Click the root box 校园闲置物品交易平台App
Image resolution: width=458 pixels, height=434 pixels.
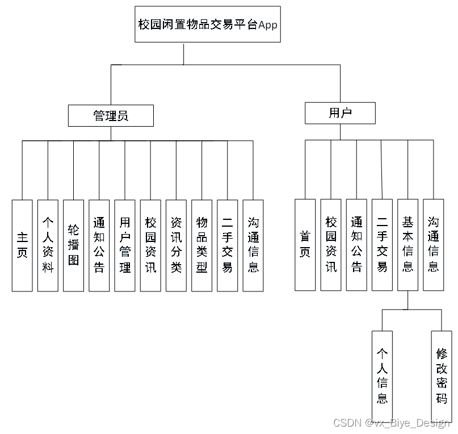point(208,24)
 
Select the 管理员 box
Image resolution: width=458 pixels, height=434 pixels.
point(111,116)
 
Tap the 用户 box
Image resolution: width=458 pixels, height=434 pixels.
point(340,113)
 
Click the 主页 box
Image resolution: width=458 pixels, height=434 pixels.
point(22,245)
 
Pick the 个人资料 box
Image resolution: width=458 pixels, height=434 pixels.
point(48,245)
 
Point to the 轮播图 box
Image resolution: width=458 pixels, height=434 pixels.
point(74,245)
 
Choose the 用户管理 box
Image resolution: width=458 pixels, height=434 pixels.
point(125,245)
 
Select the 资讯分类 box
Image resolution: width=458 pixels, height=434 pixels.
point(176,245)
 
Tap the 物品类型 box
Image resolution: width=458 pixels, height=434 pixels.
point(202,245)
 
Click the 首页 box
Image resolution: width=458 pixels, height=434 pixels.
point(305,245)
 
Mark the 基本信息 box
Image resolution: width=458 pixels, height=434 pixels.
point(407,245)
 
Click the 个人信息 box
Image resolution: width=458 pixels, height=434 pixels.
point(383,375)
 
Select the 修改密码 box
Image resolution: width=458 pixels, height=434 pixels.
point(442,375)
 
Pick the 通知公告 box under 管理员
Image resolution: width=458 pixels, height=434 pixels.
point(99,245)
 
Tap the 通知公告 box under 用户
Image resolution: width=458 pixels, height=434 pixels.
point(356,245)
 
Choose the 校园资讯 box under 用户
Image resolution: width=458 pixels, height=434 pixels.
point(331,245)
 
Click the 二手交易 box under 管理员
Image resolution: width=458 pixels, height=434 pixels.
point(228,245)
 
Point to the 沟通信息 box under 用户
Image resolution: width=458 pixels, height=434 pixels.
point(434,245)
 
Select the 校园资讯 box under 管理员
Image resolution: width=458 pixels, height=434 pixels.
point(150,245)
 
